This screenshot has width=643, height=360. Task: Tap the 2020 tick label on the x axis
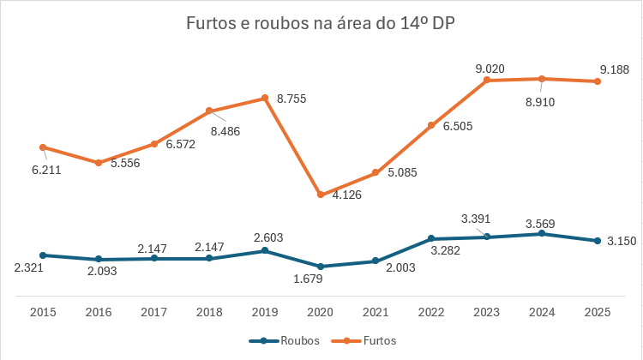pyautogui.click(x=321, y=313)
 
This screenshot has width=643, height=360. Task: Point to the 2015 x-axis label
pyautogui.click(x=43, y=313)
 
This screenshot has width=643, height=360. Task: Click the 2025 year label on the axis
pyautogui.click(x=598, y=313)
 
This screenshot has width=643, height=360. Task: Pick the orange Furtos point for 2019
pyautogui.click(x=265, y=98)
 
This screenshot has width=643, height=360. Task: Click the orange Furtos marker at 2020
pyautogui.click(x=321, y=195)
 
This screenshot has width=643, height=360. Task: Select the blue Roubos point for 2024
pyautogui.click(x=543, y=233)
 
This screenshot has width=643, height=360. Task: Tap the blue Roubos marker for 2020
pyautogui.click(x=321, y=267)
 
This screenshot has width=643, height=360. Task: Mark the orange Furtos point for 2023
pyautogui.click(x=487, y=80)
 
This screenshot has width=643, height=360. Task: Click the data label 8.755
pyautogui.click(x=291, y=99)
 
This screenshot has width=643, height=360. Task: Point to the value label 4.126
pyautogui.click(x=347, y=195)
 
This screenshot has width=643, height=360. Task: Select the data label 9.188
pyautogui.click(x=615, y=69)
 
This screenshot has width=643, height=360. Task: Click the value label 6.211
pyautogui.click(x=47, y=171)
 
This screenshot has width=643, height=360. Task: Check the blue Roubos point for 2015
pyautogui.click(x=43, y=255)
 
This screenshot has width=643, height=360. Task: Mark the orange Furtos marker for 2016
pyautogui.click(x=99, y=163)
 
